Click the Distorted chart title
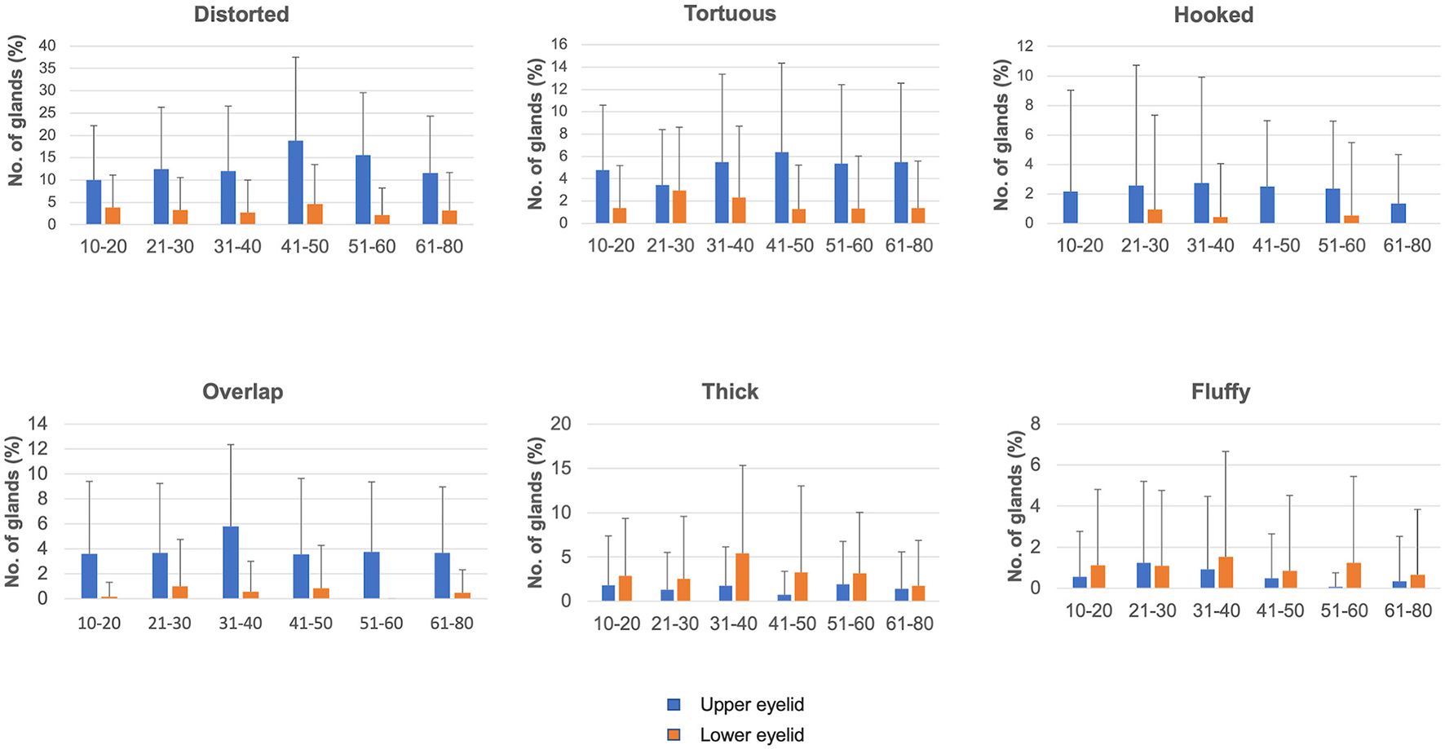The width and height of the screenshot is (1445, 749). (x=241, y=15)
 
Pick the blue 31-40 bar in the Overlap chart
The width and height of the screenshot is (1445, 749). (x=231, y=562)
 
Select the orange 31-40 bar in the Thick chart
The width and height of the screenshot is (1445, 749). (x=743, y=577)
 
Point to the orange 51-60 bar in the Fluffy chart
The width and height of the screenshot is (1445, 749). (x=1353, y=575)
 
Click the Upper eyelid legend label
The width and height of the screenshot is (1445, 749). (x=752, y=705)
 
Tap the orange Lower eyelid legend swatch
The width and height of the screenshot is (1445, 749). (x=674, y=735)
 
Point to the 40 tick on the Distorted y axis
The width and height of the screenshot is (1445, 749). (x=47, y=46)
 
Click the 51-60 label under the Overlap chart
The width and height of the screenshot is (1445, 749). (x=381, y=623)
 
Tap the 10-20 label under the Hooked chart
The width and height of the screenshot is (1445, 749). (x=1080, y=246)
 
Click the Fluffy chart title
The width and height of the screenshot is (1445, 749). (x=1220, y=392)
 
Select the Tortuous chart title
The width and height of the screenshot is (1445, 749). (x=730, y=14)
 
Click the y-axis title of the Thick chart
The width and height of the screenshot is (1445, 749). (x=536, y=512)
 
